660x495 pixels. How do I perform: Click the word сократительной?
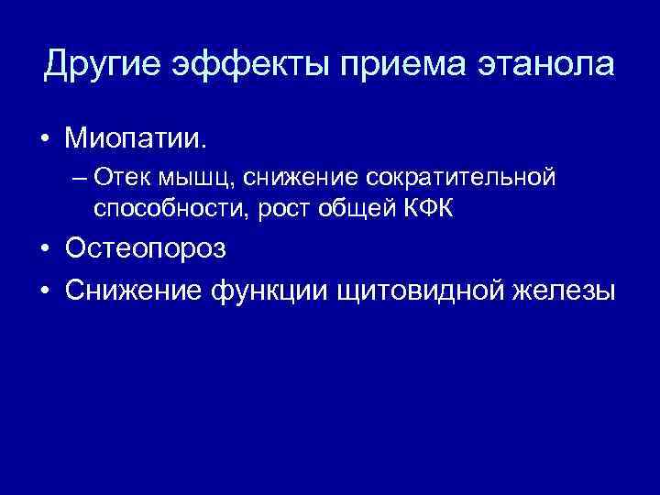(463, 176)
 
